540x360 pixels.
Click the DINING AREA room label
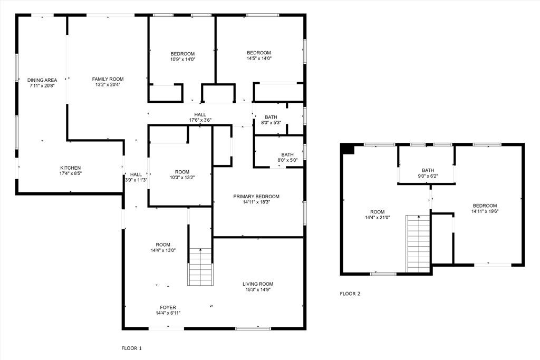[x=42, y=80]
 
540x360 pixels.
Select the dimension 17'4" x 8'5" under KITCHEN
[x=70, y=173]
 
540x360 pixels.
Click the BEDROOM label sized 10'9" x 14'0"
[x=182, y=54]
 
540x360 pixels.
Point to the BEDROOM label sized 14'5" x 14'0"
[x=259, y=53]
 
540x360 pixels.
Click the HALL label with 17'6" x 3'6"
[x=200, y=114]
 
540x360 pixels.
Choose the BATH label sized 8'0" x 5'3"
[x=271, y=117]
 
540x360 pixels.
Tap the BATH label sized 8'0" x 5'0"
[x=273, y=154]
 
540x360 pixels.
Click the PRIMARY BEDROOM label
[x=256, y=196]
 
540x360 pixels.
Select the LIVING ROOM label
[x=258, y=284]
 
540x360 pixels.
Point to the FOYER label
[x=168, y=307]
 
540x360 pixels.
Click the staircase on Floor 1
[x=200, y=266]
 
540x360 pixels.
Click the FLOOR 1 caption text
[x=132, y=348]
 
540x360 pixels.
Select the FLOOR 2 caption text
[x=350, y=294]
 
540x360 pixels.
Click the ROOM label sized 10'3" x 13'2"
[x=182, y=172]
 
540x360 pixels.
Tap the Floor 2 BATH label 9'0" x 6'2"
[x=428, y=170]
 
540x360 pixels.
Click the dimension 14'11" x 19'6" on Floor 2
[x=485, y=211]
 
